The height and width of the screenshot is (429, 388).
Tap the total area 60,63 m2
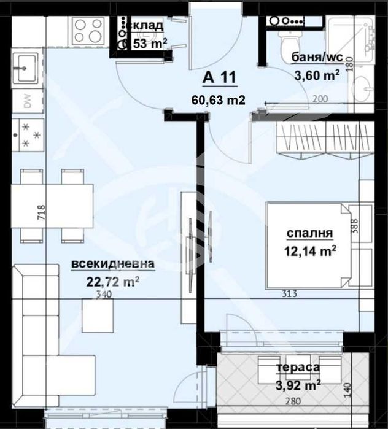(x=219, y=99)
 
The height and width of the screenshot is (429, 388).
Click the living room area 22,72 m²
(x=113, y=282)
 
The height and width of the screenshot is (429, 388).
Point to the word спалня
(x=310, y=233)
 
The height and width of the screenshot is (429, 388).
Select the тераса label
(x=298, y=366)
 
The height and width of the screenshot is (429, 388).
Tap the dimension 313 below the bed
(x=289, y=294)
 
